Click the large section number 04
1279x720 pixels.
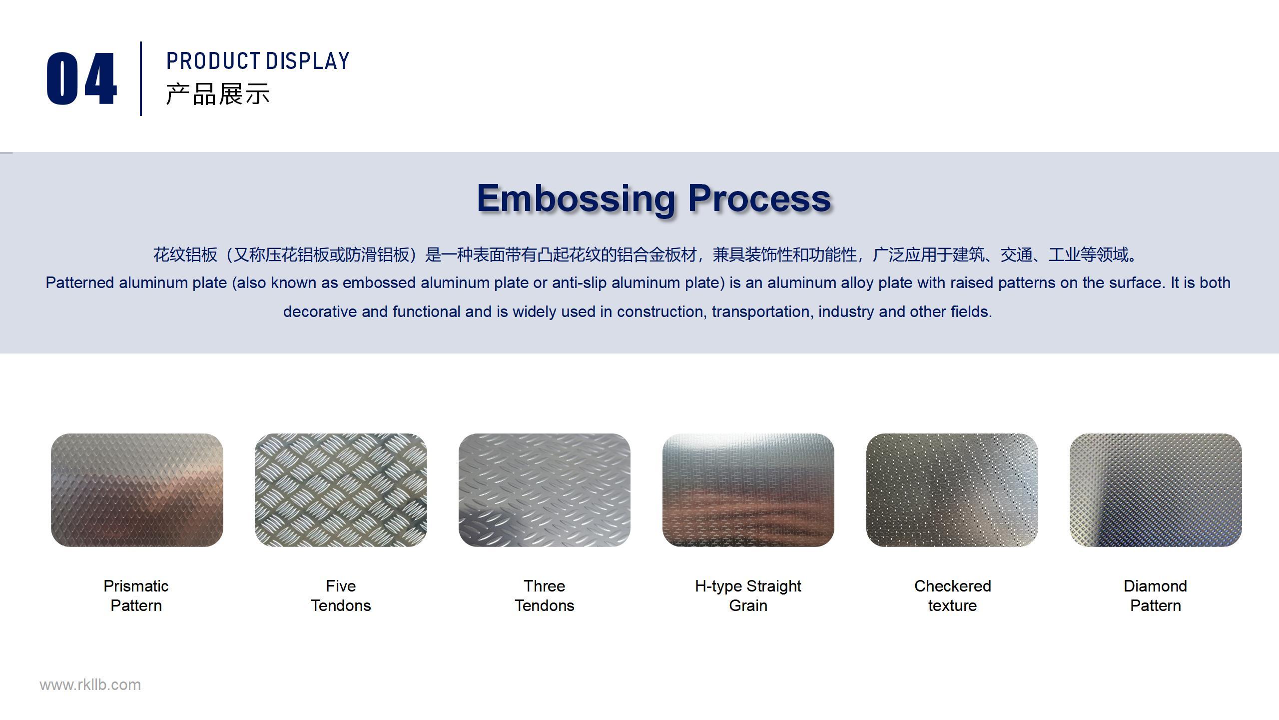82,78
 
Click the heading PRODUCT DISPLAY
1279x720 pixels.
258,61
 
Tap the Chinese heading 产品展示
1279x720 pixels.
218,94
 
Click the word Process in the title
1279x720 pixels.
759,198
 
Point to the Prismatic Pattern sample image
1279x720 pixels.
137,490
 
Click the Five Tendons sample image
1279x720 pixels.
341,490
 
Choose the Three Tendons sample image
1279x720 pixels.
545,490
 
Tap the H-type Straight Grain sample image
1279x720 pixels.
748,490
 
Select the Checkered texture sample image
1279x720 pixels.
952,490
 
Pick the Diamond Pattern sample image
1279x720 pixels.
1156,490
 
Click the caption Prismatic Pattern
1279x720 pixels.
136,595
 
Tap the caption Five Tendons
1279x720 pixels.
341,595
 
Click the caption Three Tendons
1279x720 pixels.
545,595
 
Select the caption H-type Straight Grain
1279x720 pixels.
748,595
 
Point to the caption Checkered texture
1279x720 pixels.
952,595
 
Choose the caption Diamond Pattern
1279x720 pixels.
1156,595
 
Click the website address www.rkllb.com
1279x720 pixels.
90,685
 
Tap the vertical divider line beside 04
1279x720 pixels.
141,78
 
